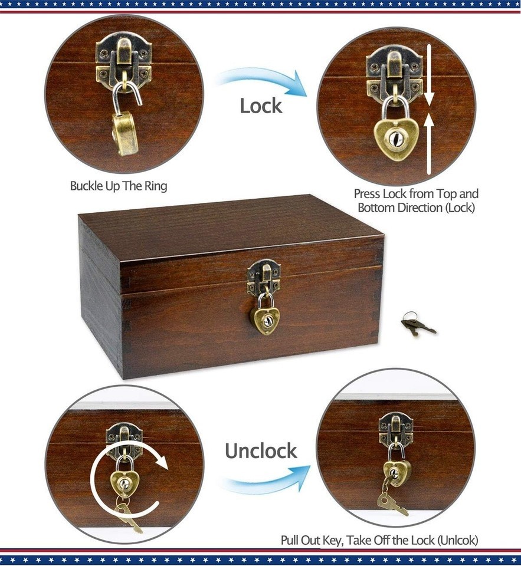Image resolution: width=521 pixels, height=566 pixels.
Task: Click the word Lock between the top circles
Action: [261, 106]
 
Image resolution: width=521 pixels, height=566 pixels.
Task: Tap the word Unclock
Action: [261, 451]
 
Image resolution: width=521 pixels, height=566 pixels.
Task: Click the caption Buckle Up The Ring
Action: [119, 186]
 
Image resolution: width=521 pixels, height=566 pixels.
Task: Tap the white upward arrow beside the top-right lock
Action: [429, 144]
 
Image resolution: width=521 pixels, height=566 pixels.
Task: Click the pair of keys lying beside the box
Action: [418, 324]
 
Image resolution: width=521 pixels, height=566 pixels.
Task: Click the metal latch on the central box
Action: [264, 277]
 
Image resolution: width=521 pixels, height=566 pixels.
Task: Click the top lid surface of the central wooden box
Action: [231, 228]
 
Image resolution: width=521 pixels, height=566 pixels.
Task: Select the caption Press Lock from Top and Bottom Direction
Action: [416, 200]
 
